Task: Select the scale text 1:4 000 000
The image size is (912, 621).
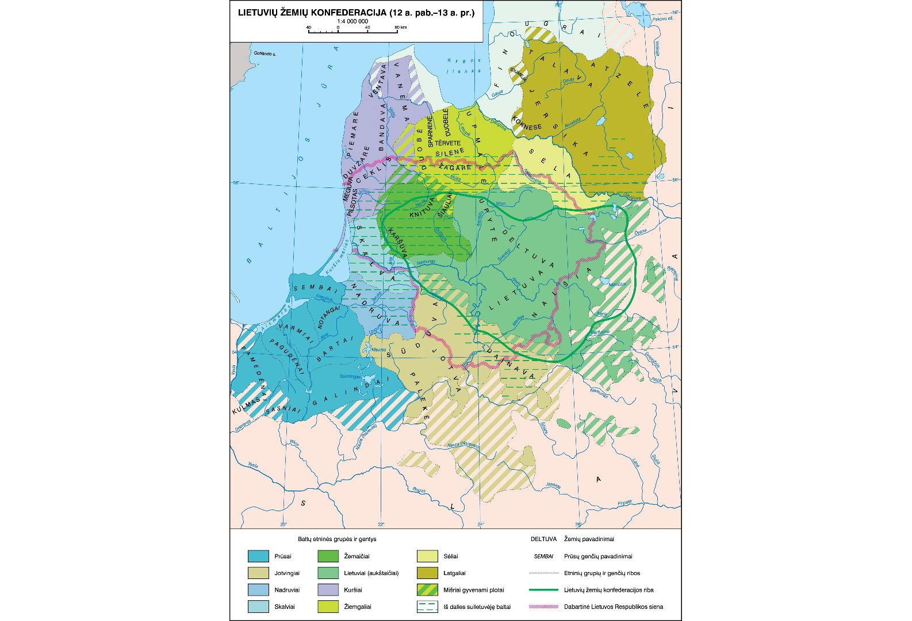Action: tap(352, 21)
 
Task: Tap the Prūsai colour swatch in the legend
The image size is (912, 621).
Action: tap(258, 556)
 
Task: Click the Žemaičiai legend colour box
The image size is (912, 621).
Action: tap(328, 556)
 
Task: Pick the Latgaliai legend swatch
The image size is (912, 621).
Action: tap(427, 573)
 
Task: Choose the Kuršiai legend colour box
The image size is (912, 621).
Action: tap(328, 589)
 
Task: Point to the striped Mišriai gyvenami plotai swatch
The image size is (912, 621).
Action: tap(427, 589)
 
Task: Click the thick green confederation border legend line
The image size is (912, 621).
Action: tap(543, 589)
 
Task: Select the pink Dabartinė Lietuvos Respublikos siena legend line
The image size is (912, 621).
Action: tap(543, 606)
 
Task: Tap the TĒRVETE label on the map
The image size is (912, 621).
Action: tap(447, 143)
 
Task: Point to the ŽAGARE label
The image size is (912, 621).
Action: tap(454, 167)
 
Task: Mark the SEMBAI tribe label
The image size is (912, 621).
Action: tap(316, 288)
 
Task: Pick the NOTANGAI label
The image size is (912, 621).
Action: tap(329, 317)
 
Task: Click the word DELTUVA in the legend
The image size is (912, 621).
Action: tap(543, 539)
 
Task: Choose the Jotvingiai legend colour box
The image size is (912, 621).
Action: tap(258, 573)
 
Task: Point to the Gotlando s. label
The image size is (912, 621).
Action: tap(265, 53)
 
